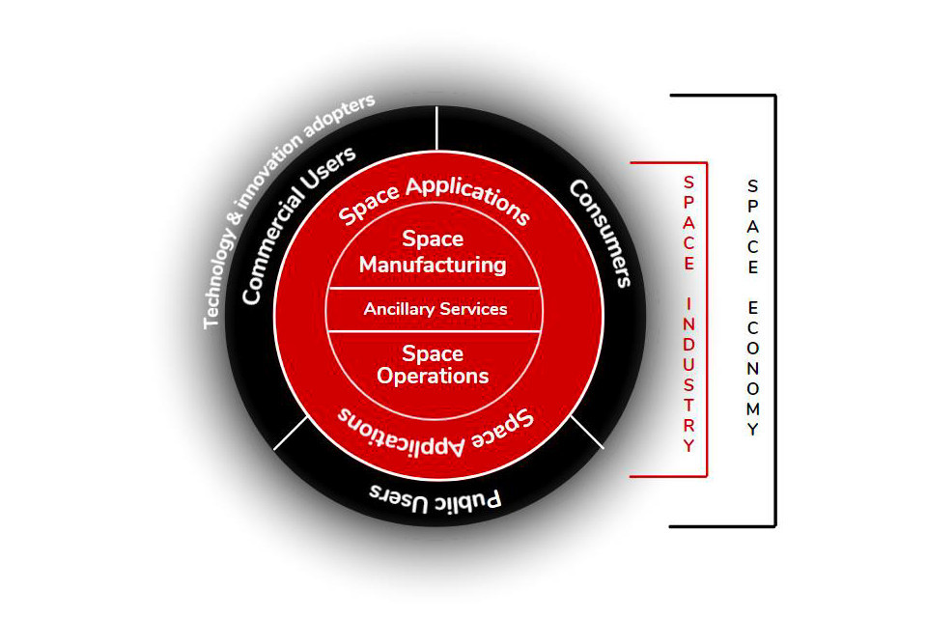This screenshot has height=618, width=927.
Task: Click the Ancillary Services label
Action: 435,310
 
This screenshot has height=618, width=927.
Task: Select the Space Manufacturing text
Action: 433,251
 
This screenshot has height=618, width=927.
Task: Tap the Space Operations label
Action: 433,365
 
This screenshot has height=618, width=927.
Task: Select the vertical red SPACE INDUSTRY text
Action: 688,315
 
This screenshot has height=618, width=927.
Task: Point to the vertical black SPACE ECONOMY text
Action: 753,308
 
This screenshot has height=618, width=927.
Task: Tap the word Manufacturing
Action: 433,264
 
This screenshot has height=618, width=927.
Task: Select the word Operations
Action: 433,376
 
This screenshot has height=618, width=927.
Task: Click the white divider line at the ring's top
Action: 437,127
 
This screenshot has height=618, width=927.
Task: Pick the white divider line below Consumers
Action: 586,431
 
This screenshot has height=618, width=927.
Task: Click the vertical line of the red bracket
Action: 707,319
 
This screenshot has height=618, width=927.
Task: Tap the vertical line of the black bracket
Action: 774,310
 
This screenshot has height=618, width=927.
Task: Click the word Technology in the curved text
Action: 221,279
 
